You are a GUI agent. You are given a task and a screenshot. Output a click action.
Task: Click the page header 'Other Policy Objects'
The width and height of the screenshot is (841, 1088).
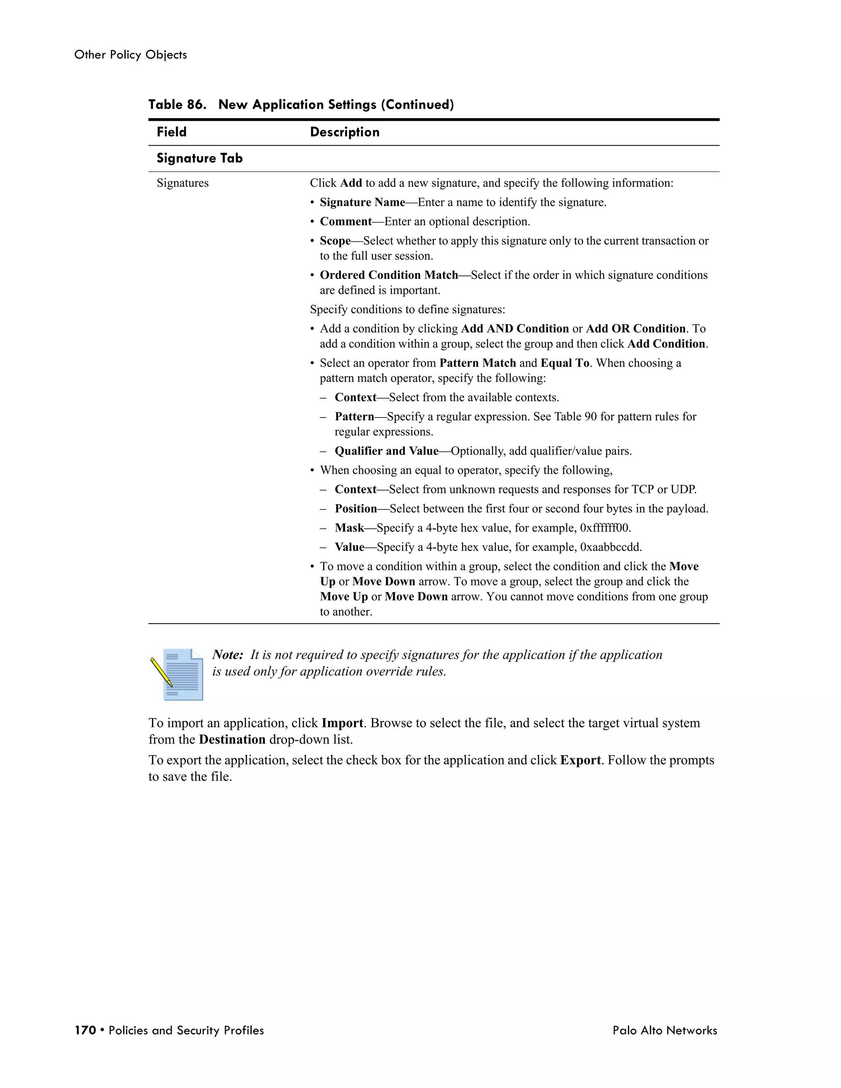pyautogui.click(x=131, y=55)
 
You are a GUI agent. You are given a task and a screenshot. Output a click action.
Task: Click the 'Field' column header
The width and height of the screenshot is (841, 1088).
pyautogui.click(x=171, y=132)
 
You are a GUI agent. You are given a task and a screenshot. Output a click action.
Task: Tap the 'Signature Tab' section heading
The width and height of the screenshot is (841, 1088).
pyautogui.click(x=199, y=158)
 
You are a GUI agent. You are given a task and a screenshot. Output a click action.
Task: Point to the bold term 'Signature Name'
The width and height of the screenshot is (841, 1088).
pyautogui.click(x=362, y=202)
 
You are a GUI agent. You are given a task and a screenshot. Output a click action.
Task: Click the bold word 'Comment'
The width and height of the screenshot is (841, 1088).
pyautogui.click(x=346, y=221)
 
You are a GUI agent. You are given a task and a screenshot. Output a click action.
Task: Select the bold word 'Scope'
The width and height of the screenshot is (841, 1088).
pyautogui.click(x=335, y=241)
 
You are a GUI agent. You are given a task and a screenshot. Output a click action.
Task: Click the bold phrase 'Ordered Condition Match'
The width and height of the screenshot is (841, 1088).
pyautogui.click(x=388, y=275)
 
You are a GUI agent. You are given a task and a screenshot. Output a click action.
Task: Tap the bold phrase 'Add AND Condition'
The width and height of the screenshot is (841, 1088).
pyautogui.click(x=515, y=329)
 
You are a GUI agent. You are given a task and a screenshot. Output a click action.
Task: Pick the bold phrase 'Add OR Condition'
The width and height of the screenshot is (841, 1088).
pyautogui.click(x=636, y=329)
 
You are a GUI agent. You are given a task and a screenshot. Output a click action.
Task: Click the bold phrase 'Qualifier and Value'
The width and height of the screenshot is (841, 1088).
pyautogui.click(x=386, y=451)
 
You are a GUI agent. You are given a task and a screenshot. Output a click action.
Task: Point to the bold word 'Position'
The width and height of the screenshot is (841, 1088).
pyautogui.click(x=356, y=509)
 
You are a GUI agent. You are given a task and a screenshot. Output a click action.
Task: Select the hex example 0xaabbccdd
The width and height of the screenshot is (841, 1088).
pyautogui.click(x=610, y=547)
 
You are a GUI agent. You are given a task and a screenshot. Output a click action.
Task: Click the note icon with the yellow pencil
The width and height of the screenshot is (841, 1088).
pyautogui.click(x=177, y=673)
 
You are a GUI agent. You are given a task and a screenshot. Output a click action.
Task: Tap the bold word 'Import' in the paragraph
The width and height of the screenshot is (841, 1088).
pyautogui.click(x=342, y=723)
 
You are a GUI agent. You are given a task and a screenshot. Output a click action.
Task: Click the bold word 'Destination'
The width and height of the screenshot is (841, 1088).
pyautogui.click(x=232, y=739)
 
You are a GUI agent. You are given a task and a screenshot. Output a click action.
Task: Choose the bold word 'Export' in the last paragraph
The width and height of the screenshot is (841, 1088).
pyautogui.click(x=580, y=760)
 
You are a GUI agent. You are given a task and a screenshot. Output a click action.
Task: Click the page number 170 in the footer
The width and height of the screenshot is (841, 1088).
pyautogui.click(x=85, y=1030)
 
